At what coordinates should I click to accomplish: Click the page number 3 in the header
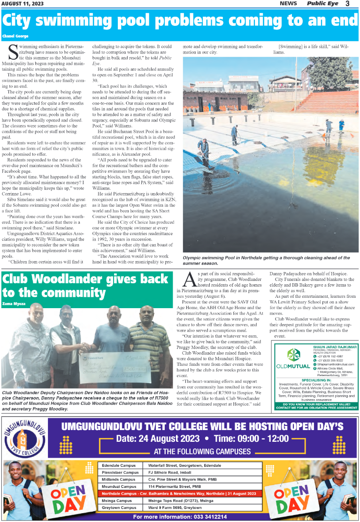pyautogui.click(x=347, y=4)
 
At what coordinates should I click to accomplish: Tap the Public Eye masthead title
pyautogui.click(x=323, y=4)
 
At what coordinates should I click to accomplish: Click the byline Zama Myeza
pyautogui.click(x=14, y=303)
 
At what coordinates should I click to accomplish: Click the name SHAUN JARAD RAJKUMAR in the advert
pyautogui.click(x=334, y=346)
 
